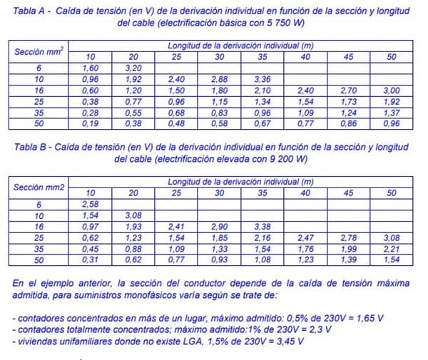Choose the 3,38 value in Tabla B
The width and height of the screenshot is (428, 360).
point(262,226)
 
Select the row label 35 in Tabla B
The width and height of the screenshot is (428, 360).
point(39,247)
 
